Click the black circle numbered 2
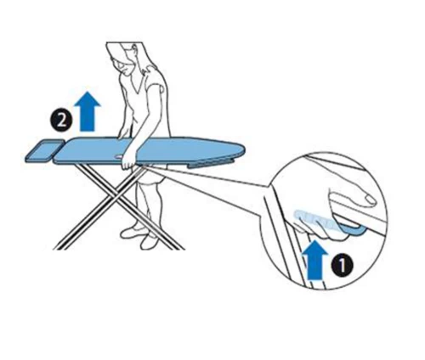click(61, 121)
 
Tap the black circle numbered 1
click(342, 265)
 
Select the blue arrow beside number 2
click(87, 111)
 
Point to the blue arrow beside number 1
click(314, 260)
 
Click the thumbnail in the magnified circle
click(369, 200)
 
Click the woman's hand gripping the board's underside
click(128, 163)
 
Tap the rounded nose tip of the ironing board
click(243, 152)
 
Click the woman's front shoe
click(148, 242)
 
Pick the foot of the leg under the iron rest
click(56, 248)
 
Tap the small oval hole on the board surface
click(120, 155)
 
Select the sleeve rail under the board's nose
click(210, 164)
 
